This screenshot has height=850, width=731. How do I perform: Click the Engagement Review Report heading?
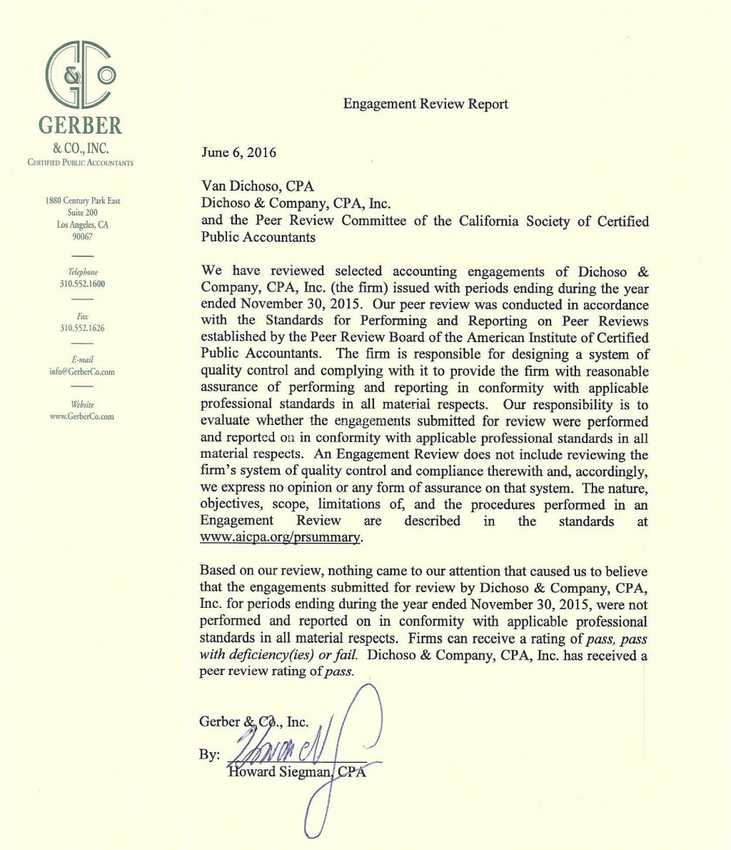(x=425, y=104)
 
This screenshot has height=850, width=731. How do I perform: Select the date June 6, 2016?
(x=239, y=152)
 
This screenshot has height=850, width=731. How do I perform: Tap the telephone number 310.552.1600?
(x=83, y=284)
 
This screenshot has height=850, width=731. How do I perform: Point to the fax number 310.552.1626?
(x=83, y=328)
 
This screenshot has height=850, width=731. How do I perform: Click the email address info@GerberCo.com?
(x=83, y=371)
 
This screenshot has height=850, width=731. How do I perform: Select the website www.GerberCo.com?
(x=83, y=416)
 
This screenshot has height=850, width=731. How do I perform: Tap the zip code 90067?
(x=83, y=236)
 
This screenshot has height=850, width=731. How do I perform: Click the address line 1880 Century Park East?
(x=83, y=201)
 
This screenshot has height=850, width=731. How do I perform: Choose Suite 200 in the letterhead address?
(x=83, y=213)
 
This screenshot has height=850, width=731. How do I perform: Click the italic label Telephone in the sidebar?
(x=83, y=272)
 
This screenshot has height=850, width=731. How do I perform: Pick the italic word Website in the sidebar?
(x=83, y=404)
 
